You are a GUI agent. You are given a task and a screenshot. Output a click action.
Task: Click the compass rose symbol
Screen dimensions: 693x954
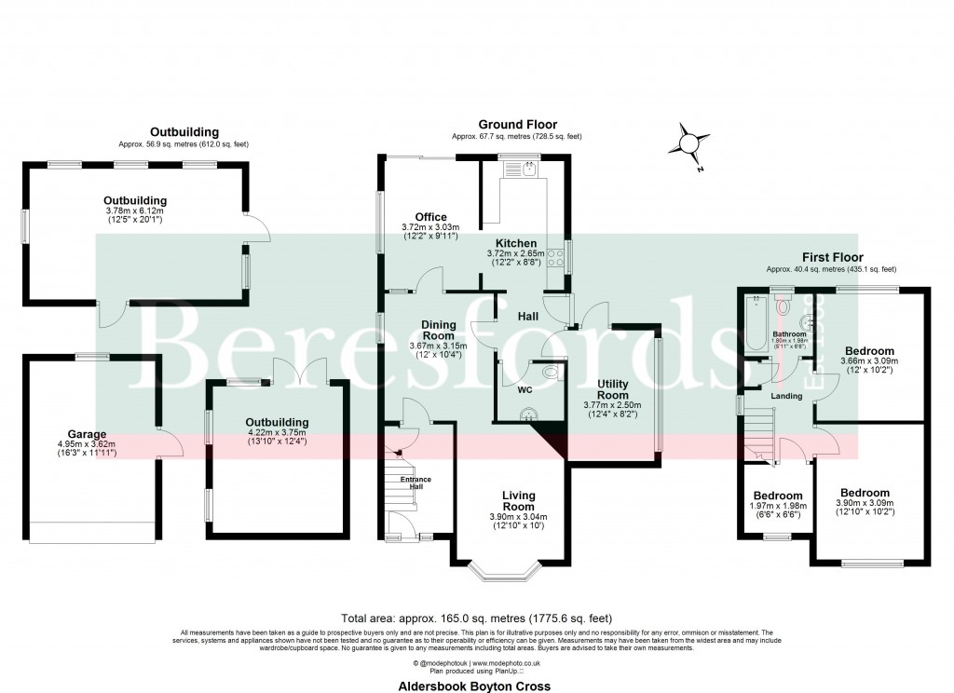[688, 144]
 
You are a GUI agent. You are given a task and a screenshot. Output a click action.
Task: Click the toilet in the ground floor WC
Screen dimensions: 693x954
[552, 373]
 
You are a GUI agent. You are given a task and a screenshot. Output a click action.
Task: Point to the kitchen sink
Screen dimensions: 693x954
[528, 170]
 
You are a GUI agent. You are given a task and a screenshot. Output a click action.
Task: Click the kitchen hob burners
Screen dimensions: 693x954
[557, 253]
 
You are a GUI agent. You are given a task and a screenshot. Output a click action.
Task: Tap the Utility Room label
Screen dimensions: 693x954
[612, 389]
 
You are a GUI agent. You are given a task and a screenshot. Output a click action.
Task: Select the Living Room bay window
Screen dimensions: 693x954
[511, 571]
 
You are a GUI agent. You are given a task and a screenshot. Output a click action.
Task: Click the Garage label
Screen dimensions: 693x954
[87, 433]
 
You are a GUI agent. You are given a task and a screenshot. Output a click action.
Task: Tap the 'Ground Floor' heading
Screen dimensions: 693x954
[517, 124]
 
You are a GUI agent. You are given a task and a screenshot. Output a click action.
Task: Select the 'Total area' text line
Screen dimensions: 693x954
[477, 618]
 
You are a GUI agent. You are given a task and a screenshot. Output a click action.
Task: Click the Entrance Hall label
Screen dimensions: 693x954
[417, 482]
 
